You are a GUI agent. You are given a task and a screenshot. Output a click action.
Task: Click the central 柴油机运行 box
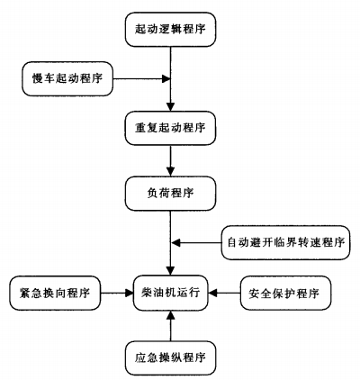(x=171, y=293)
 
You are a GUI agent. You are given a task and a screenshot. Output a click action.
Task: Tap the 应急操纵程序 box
(x=171, y=357)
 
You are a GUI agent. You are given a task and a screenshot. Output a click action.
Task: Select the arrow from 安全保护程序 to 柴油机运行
(x=225, y=293)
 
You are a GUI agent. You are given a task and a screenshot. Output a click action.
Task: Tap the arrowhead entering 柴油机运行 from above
(x=171, y=271)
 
